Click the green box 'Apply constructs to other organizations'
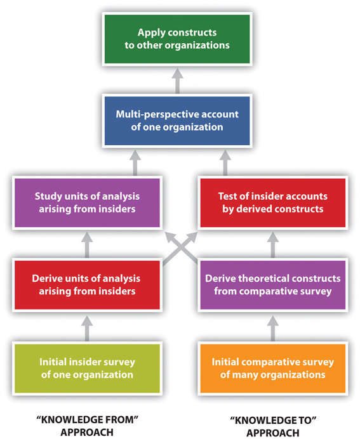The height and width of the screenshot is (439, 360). pos(178,38)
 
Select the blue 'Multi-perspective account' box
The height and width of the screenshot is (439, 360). pos(178,120)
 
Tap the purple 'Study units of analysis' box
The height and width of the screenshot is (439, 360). pos(88,202)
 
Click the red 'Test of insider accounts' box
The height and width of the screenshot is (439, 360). pos(272,202)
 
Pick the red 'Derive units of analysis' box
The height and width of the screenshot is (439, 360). pos(88,284)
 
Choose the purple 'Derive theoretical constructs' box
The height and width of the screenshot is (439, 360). pos(272,284)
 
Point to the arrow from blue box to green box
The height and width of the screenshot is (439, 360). pos(178,79)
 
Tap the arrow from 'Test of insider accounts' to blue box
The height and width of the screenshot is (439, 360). pos(223,161)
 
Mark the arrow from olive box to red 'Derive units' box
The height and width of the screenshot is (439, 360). pos(88,326)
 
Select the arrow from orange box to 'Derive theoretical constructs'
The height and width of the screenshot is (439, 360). pos(272,326)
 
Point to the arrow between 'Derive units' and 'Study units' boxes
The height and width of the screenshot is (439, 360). pos(88,244)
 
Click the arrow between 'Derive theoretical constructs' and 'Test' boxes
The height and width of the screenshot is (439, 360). pos(272,244)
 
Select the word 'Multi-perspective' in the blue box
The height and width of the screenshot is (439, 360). pos(156,114)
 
